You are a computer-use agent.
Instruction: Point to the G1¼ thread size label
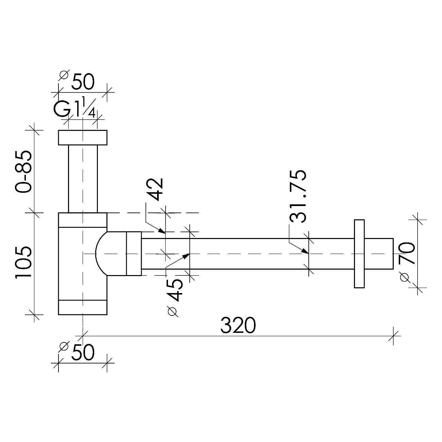tap(74, 108)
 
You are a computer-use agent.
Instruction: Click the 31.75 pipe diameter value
tap(298, 196)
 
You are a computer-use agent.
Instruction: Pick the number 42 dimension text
tap(154, 189)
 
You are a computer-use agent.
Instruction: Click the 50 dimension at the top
tap(83, 82)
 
